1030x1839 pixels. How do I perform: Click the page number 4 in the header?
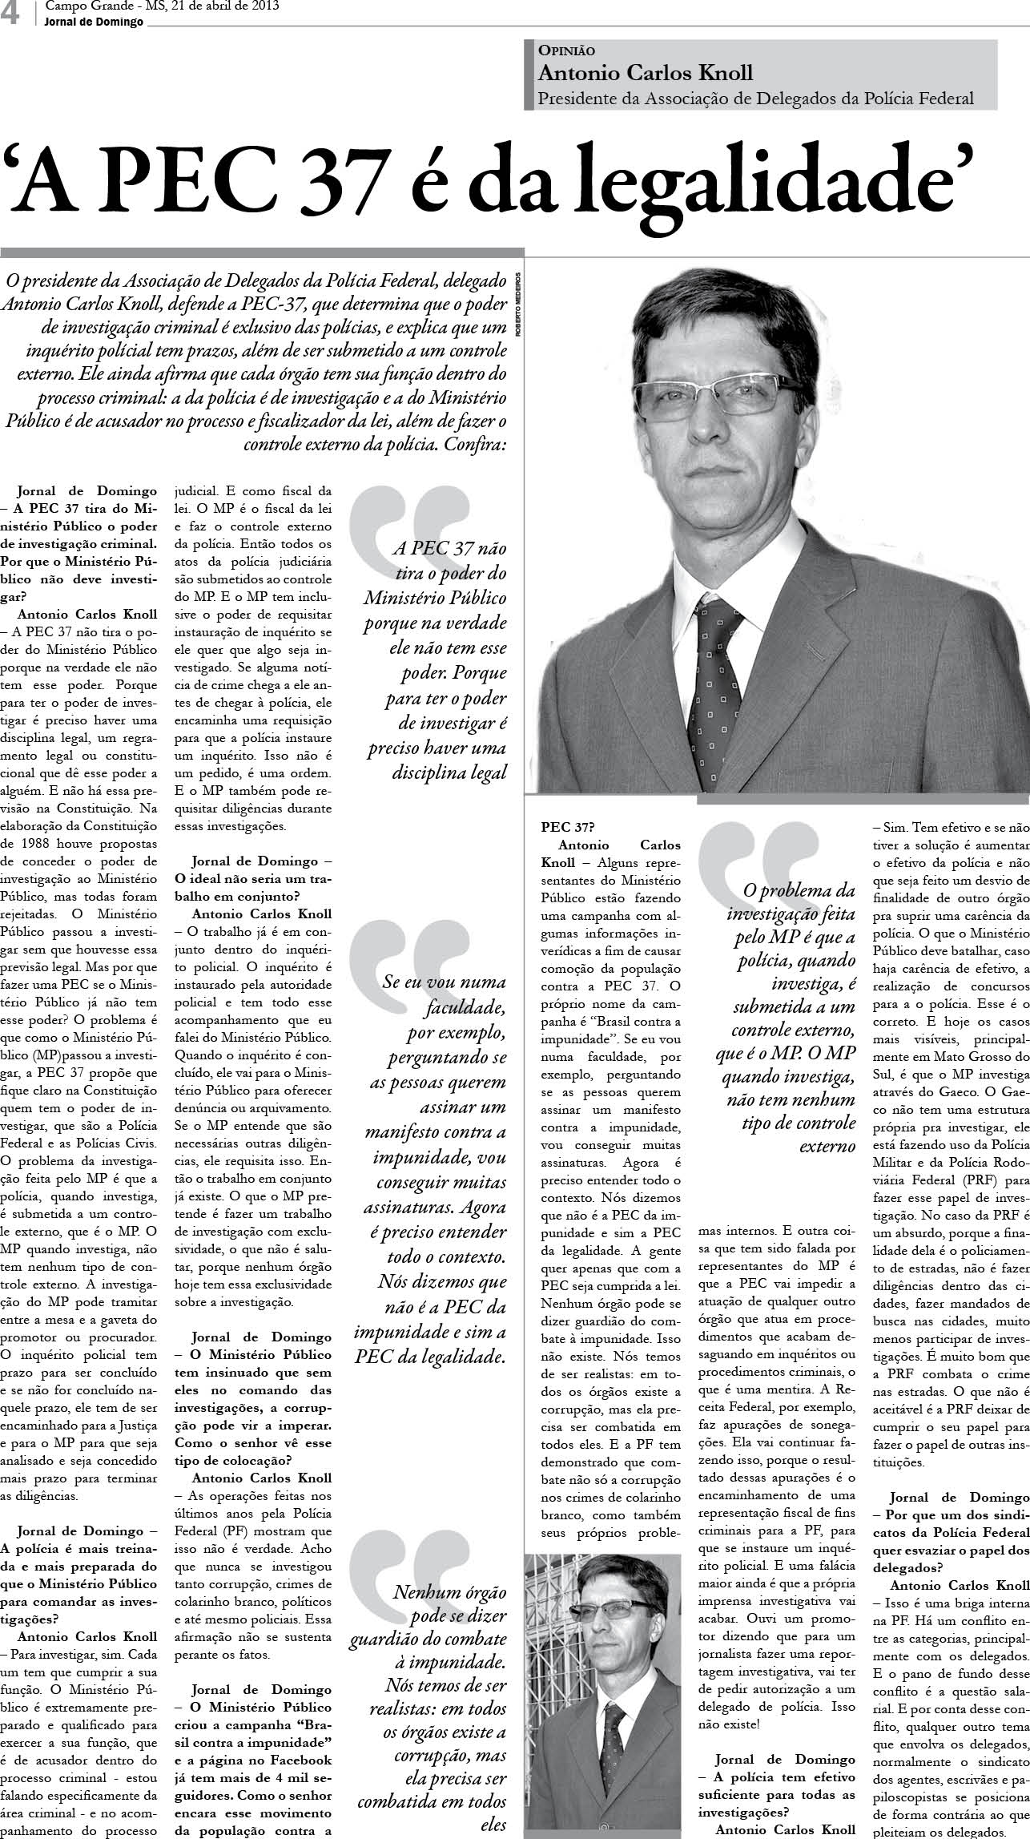coord(11,14)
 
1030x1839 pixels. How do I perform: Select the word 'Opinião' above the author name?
coord(566,50)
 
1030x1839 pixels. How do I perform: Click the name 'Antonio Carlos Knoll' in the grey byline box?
coord(646,73)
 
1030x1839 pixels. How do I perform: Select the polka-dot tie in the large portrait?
coord(721,689)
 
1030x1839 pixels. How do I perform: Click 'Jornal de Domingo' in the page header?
coord(95,22)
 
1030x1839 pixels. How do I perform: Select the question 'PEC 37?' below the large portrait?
coord(567,827)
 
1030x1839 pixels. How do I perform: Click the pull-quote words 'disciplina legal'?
coord(449,772)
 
